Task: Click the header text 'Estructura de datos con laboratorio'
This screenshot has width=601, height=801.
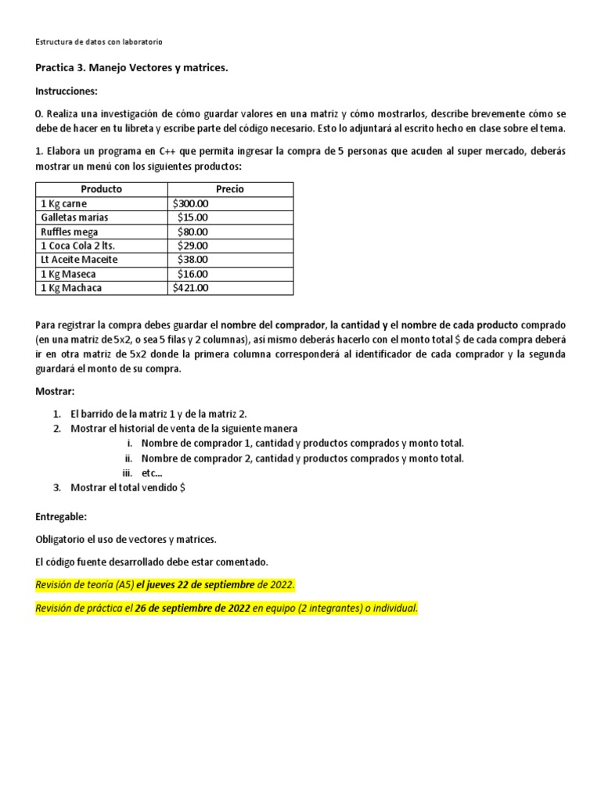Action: pos(99,41)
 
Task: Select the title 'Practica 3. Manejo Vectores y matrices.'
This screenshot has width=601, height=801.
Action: pos(132,68)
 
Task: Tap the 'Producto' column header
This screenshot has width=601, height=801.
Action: pos(101,189)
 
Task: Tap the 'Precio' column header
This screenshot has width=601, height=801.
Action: pos(230,189)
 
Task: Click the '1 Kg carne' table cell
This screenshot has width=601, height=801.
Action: pos(64,203)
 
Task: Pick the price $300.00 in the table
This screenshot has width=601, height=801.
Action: pos(191,203)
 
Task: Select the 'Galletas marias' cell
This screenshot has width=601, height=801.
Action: pos(74,217)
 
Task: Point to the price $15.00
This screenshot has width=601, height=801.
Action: pos(193,217)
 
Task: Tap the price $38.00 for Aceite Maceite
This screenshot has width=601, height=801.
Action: pos(193,260)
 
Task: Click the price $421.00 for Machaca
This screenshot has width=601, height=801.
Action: pos(191,288)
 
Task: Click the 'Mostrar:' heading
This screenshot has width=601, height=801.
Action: pos(56,391)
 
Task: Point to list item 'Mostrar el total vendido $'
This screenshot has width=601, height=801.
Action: pos(128,487)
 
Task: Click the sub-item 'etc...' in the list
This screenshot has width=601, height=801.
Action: pos(152,473)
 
